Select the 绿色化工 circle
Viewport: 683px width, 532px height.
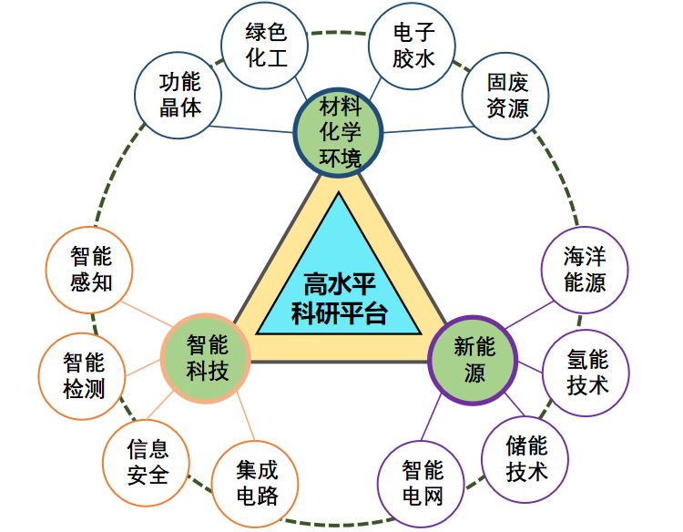click(x=266, y=46)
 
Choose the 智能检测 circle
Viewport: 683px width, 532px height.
click(x=84, y=374)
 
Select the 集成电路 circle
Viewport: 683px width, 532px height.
click(x=257, y=483)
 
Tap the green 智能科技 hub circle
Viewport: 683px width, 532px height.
click(x=207, y=356)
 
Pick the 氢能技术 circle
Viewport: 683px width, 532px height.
click(x=587, y=373)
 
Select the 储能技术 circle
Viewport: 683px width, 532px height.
click(x=526, y=458)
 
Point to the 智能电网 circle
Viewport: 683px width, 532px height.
click(x=422, y=482)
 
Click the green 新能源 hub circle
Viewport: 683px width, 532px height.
click(x=474, y=358)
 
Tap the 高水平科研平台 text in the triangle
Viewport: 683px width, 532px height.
click(x=339, y=300)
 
